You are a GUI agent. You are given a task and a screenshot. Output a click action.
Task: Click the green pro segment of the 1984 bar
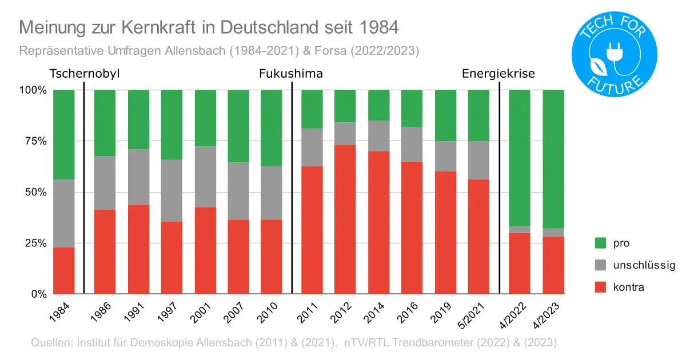pos(63,134)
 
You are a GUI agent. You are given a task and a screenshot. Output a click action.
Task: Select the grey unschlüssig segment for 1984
pos(63,213)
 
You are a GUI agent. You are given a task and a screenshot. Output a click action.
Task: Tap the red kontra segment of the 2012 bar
pos(345,219)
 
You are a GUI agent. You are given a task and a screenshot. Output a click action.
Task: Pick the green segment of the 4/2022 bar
pos(519,158)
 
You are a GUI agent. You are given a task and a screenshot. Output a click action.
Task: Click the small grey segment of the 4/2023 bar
pos(553,232)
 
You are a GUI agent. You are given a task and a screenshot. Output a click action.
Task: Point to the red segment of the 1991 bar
pos(138,249)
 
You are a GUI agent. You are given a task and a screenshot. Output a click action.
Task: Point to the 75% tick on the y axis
pos(34,141)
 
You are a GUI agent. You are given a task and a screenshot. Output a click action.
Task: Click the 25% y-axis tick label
pos(34,243)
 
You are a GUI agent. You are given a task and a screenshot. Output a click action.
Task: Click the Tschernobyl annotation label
pos(84,74)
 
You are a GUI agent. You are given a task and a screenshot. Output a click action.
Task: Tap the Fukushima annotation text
pos(291,74)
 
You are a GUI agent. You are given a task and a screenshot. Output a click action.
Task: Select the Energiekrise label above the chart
pos(498,74)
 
